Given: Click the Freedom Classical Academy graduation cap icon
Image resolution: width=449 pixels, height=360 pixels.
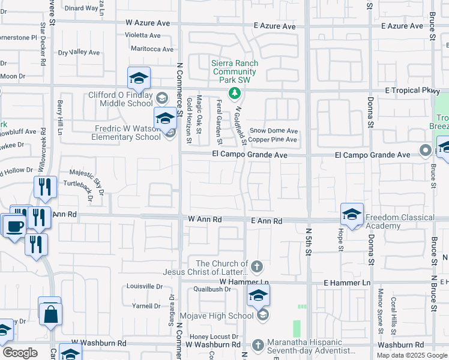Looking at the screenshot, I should [x=352, y=214].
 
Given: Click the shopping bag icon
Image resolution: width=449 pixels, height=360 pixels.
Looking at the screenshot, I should [x=51, y=312].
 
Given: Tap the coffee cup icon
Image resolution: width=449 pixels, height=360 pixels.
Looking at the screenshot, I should [x=15, y=226].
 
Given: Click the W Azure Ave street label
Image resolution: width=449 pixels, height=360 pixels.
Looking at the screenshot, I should [x=148, y=22].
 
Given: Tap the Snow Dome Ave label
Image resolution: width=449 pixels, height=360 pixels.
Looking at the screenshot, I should [x=274, y=130].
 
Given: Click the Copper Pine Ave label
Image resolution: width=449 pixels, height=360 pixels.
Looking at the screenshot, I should [x=274, y=140].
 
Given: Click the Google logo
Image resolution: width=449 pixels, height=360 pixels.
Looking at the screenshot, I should [x=20, y=353].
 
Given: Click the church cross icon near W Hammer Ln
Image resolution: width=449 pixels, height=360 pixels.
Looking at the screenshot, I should [x=257, y=266].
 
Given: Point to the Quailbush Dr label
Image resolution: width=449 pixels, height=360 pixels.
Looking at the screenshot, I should [x=211, y=289].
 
